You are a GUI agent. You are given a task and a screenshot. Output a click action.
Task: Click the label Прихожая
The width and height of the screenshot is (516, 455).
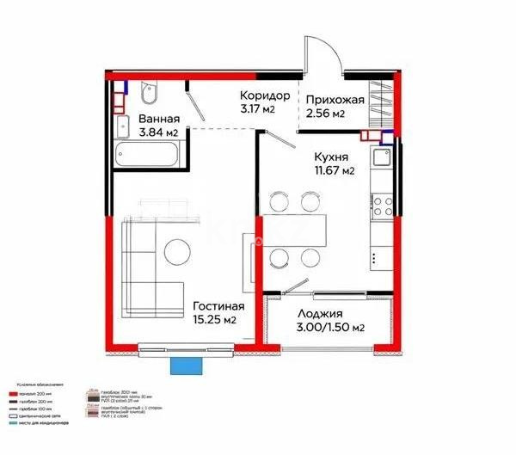coord(335,100)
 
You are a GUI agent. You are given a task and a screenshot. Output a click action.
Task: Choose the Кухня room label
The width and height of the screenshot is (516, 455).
coord(330,157)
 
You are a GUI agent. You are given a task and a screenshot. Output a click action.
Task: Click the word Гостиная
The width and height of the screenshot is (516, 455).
coord(218,305)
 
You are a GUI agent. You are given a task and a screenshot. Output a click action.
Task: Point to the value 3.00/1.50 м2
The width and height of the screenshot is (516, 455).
coord(330,328)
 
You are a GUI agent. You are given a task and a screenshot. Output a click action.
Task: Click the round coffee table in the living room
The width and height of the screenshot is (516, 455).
coord(178,251)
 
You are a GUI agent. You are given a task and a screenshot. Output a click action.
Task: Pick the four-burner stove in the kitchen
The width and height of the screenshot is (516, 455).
coord(381,206)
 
